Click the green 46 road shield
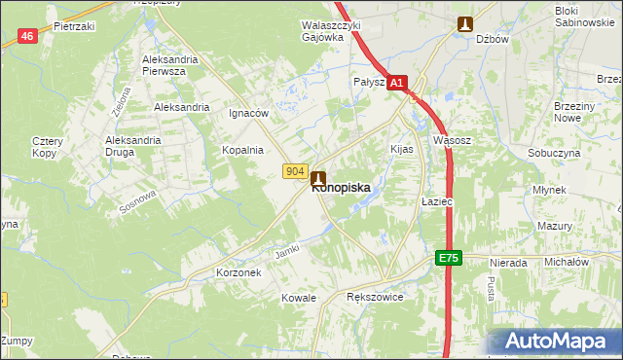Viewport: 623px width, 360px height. tap(27, 36)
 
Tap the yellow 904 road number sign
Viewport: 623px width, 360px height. tap(297, 171)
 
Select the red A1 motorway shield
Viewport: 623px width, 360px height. tap(397, 85)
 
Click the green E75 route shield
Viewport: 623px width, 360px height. tap(447, 258)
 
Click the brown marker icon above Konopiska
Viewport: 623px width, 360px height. tap(318, 179)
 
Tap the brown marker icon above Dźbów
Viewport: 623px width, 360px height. tap(466, 24)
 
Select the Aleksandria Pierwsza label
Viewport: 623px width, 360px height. tap(170, 65)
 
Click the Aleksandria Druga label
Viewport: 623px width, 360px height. tap(132, 146)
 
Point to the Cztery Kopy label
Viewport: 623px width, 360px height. tap(48, 147)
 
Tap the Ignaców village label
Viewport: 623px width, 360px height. tap(248, 113)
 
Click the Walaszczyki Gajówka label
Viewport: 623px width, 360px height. tap(331, 31)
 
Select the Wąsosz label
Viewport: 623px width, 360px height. tap(452, 140)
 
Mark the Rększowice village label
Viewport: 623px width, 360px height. tap(375, 298)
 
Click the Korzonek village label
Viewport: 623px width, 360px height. tap(238, 273)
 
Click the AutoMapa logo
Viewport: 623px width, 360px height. tap(554, 342)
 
